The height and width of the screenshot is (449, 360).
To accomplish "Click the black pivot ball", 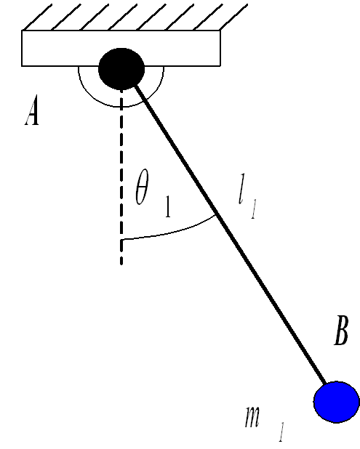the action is point(121,69).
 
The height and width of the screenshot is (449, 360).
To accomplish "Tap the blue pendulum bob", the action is point(337,402).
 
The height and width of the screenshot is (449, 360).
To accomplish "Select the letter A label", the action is point(32,110).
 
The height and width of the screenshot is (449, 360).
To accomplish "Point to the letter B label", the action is point(341,330).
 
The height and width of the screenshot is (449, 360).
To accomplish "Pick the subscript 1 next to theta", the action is point(168,206).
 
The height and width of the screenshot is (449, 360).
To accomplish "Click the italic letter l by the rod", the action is point(241,188).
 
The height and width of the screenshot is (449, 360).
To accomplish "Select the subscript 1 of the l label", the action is point(253,210).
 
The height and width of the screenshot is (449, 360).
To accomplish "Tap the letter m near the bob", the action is point(252,417).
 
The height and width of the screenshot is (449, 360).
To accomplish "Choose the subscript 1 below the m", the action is point(281,432).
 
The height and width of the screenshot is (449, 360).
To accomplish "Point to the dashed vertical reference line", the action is point(121,177).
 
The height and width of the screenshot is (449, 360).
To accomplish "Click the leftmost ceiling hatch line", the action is point(37,17).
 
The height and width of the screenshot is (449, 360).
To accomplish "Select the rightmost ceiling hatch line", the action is point(233,17).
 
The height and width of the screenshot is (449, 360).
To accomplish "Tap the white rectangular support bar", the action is point(121,48).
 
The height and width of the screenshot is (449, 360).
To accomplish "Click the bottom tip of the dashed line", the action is point(121,264).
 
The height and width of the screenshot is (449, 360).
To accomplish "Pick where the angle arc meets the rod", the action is point(215,215).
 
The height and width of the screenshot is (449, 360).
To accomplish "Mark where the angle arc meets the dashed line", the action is point(121,239).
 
